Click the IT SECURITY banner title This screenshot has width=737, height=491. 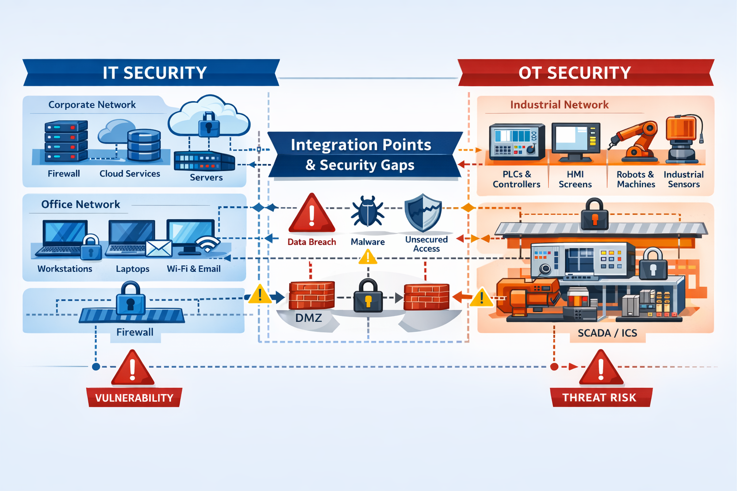(x=155, y=73)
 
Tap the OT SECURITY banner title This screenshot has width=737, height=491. (x=574, y=73)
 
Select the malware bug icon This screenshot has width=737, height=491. (x=368, y=212)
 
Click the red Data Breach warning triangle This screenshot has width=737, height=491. (x=312, y=215)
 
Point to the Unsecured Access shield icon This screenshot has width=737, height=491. (x=423, y=212)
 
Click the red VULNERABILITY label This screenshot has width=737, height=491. (x=134, y=398)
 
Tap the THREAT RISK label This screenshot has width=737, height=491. (x=599, y=397)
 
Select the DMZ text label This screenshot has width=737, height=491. (x=309, y=318)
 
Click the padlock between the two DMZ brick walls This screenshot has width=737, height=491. (x=368, y=296)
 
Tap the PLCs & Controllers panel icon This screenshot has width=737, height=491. (x=517, y=141)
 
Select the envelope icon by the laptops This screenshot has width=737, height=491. (x=159, y=248)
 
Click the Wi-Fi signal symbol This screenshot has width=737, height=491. (x=208, y=245)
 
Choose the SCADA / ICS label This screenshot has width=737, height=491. (x=607, y=333)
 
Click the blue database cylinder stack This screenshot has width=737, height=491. (x=144, y=145)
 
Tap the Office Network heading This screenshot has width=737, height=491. (x=81, y=205)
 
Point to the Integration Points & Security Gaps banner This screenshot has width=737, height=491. (x=361, y=154)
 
